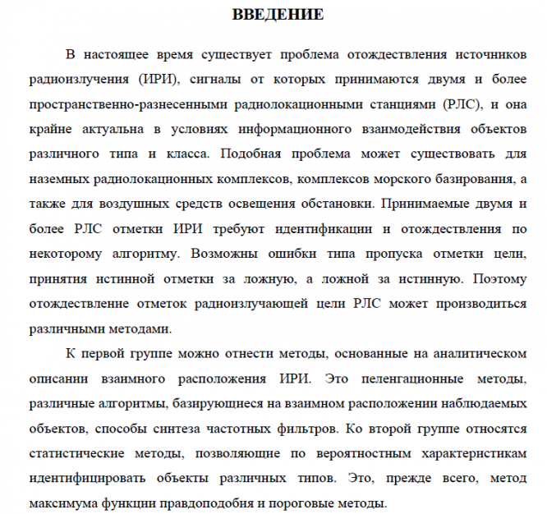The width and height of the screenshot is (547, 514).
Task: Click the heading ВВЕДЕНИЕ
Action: click(277, 15)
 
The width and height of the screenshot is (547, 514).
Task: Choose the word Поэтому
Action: click(494, 279)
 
